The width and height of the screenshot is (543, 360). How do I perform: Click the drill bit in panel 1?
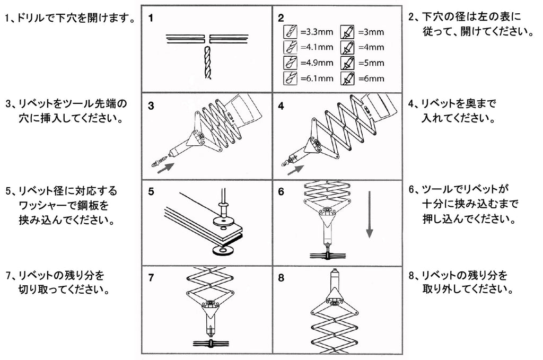[206, 63]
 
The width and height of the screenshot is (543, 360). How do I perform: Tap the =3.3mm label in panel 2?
[317, 32]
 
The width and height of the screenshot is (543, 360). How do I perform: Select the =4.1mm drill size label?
[317, 47]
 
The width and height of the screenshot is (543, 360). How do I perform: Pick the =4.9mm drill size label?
[317, 63]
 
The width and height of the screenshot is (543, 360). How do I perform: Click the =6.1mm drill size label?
[317, 78]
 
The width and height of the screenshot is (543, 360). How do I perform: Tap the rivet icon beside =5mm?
[347, 63]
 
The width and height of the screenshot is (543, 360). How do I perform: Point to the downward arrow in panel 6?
[370, 218]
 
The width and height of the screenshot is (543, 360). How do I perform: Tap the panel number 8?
[281, 277]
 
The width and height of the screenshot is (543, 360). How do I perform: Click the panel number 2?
[281, 17]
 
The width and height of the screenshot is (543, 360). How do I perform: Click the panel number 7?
[152, 277]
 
